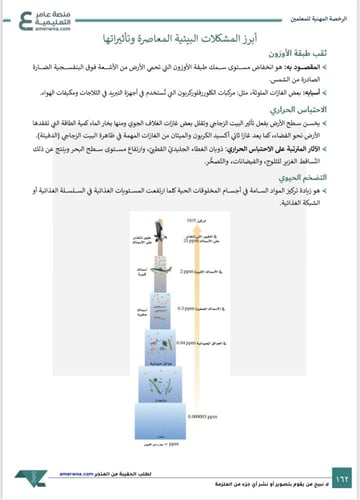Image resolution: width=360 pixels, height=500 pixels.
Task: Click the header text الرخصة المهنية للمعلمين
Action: pos(309,9)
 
